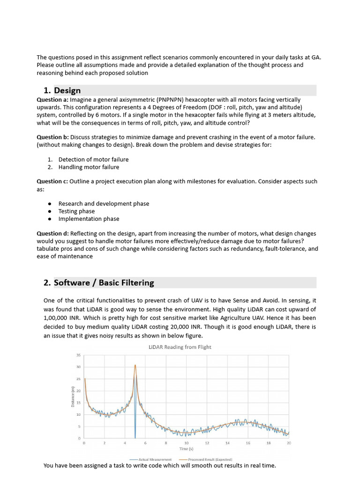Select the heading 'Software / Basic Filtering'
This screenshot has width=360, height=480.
pos(104,283)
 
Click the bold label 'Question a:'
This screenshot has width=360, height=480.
pos(52,100)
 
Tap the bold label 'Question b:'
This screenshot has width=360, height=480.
pos(52,137)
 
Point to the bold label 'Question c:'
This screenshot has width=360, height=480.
pos(52,181)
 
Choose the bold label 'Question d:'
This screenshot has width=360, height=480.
pos(52,233)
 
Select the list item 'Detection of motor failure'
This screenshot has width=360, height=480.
pos(93,159)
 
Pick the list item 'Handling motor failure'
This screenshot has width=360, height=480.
pos(89,167)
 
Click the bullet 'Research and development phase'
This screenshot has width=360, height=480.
pos(104,203)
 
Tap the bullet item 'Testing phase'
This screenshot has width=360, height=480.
pos(76,211)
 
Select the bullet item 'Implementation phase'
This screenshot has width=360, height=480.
pos(89,218)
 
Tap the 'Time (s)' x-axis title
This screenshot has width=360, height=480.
pos(186,449)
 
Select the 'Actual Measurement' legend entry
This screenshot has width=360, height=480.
pos(155,459)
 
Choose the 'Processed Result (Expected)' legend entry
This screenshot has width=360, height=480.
pos(210,459)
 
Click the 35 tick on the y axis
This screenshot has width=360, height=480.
pos(78,355)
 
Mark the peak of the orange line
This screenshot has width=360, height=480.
pos(135,365)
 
